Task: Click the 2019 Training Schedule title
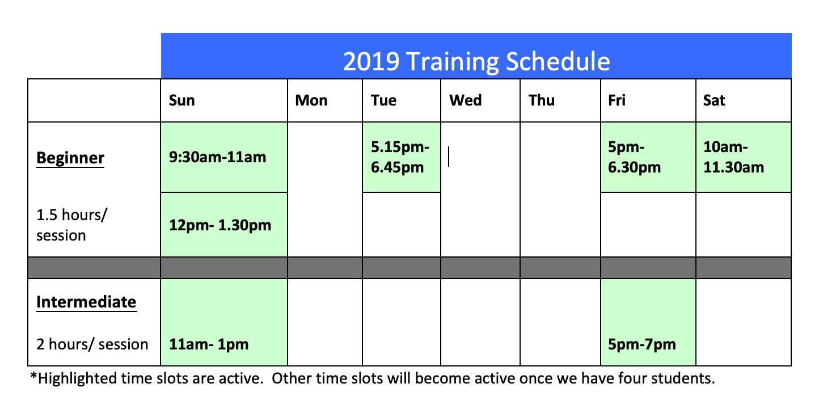476,61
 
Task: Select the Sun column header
181,100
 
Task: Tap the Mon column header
311,100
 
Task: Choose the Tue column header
383,100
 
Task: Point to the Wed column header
466,100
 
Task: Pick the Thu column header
542,100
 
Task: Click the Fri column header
617,100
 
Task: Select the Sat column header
714,100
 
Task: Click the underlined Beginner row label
70,158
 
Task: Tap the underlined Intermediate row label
86,302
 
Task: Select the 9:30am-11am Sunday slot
218,157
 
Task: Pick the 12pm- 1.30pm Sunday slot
220,225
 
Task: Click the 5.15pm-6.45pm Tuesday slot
400,157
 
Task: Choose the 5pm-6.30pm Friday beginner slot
634,157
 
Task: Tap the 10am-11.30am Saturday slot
734,157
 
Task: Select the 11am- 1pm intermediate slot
209,344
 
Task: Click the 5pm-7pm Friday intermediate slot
642,344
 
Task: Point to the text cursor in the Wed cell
449,157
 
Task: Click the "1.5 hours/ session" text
71,225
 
